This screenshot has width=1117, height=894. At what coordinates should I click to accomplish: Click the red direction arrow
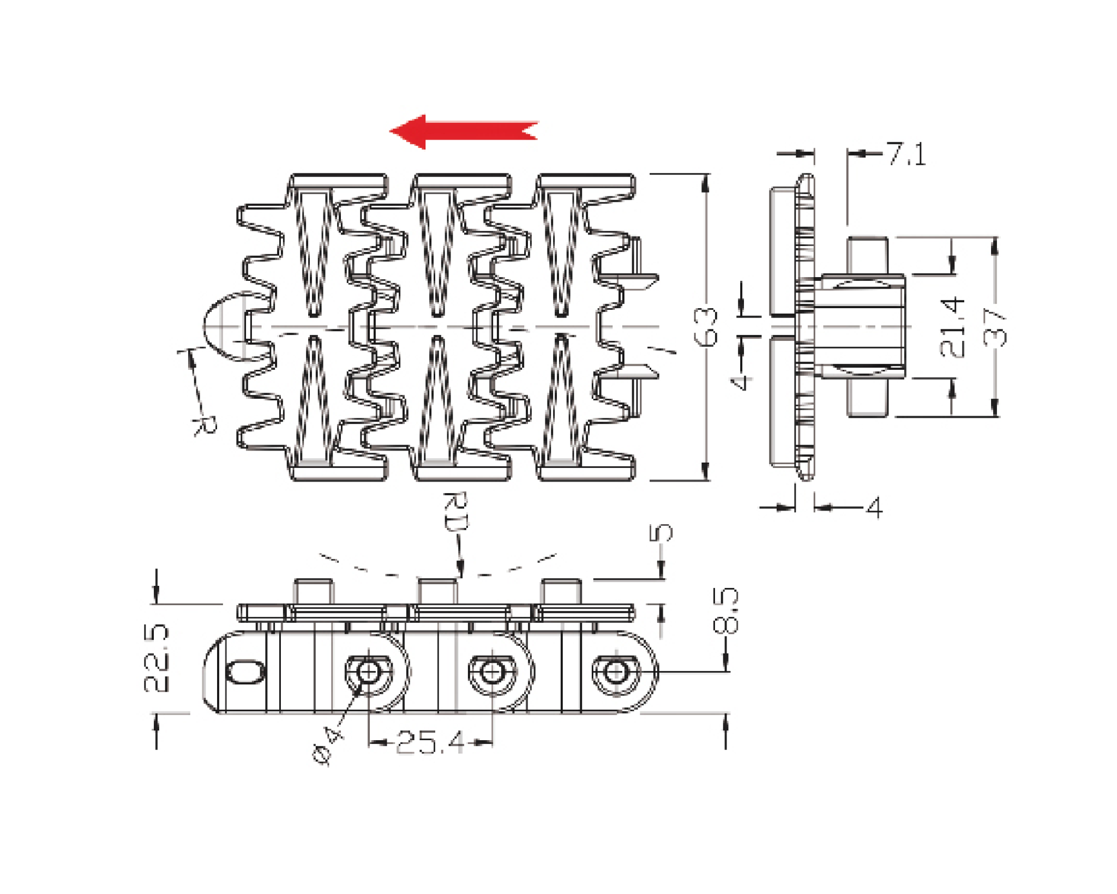(464, 131)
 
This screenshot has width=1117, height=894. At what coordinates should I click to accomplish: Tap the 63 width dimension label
(706, 327)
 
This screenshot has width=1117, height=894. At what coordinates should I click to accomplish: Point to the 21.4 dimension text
(952, 327)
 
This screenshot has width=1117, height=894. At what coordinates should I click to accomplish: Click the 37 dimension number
(995, 328)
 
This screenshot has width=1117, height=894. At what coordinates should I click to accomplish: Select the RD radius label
(455, 512)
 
